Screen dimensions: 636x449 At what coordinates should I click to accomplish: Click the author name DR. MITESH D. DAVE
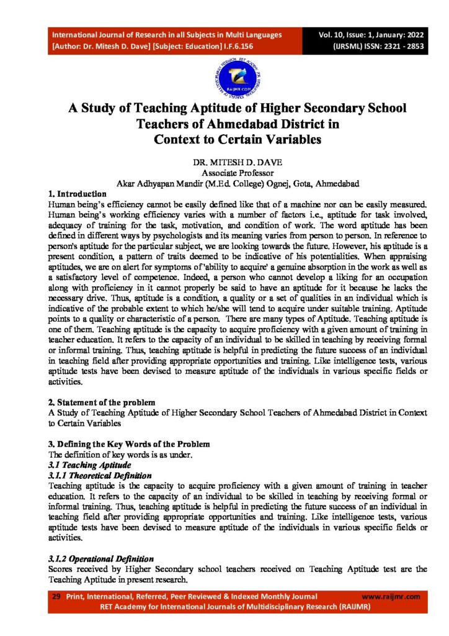click(224, 162)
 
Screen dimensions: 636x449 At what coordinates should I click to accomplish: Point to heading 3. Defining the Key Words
click(129, 444)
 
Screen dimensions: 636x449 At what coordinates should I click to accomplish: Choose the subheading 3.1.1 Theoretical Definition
click(100, 475)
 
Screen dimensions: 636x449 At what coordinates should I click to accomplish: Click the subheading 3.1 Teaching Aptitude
click(86, 465)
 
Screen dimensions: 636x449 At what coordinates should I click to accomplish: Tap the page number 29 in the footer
click(55, 596)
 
